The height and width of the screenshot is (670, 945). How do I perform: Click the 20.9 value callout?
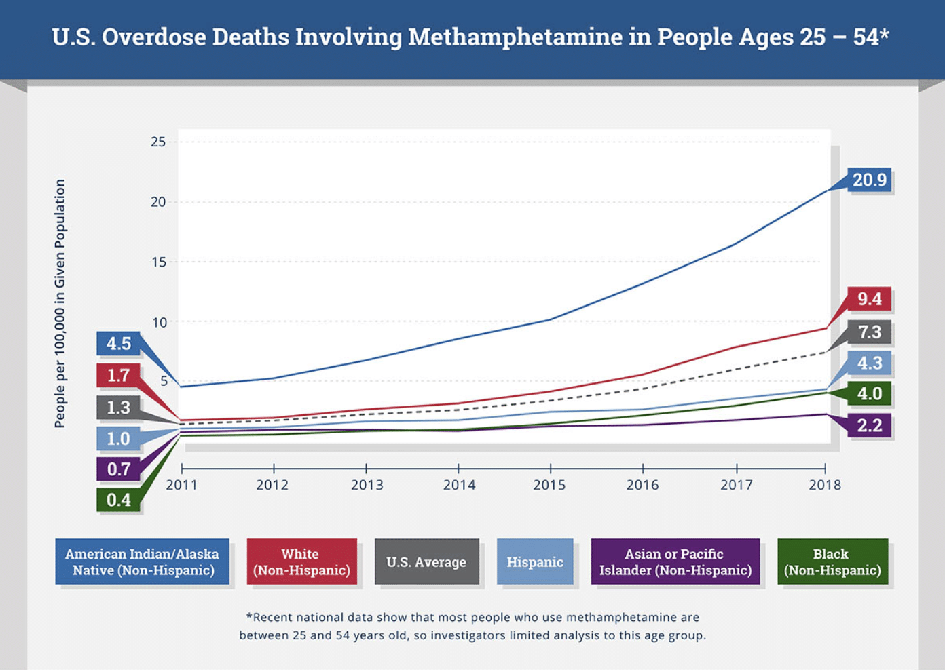[x=869, y=180]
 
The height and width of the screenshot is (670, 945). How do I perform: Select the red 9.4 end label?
[x=869, y=298]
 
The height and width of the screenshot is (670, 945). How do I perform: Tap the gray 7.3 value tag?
[x=869, y=332]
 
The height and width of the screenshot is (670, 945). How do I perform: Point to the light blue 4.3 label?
[x=869, y=363]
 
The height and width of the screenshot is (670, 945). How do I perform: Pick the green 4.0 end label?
[x=869, y=393]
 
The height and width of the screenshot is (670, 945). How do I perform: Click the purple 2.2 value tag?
[x=869, y=425]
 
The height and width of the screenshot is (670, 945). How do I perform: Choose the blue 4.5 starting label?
[x=118, y=344]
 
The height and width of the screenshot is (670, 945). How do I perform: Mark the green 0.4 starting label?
[x=118, y=500]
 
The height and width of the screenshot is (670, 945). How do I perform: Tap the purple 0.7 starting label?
[x=118, y=469]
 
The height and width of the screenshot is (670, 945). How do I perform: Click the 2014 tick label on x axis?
[x=459, y=485]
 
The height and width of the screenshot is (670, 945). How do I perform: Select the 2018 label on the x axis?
[x=824, y=485]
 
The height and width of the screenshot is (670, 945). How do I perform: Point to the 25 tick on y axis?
[x=158, y=142]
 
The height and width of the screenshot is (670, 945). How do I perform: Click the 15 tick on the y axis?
[x=158, y=262]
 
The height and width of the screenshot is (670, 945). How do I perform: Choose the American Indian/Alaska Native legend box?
[x=142, y=561]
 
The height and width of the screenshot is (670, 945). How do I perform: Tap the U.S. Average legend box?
[x=426, y=561]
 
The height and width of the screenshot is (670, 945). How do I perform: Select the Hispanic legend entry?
[x=535, y=561]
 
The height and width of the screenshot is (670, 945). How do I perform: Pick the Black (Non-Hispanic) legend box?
[x=832, y=561]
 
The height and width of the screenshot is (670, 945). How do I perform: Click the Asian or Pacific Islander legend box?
[x=675, y=561]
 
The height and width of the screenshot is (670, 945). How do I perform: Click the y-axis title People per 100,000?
[x=60, y=303]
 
